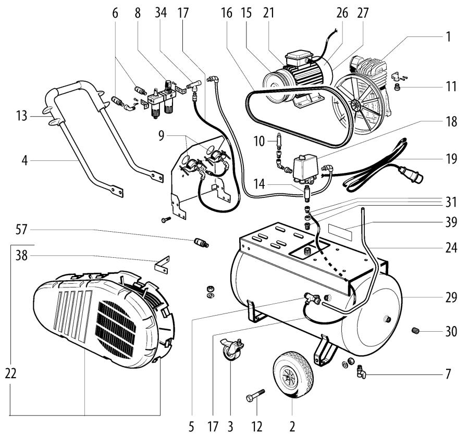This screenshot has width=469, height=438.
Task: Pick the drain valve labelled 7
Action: [360, 371]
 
